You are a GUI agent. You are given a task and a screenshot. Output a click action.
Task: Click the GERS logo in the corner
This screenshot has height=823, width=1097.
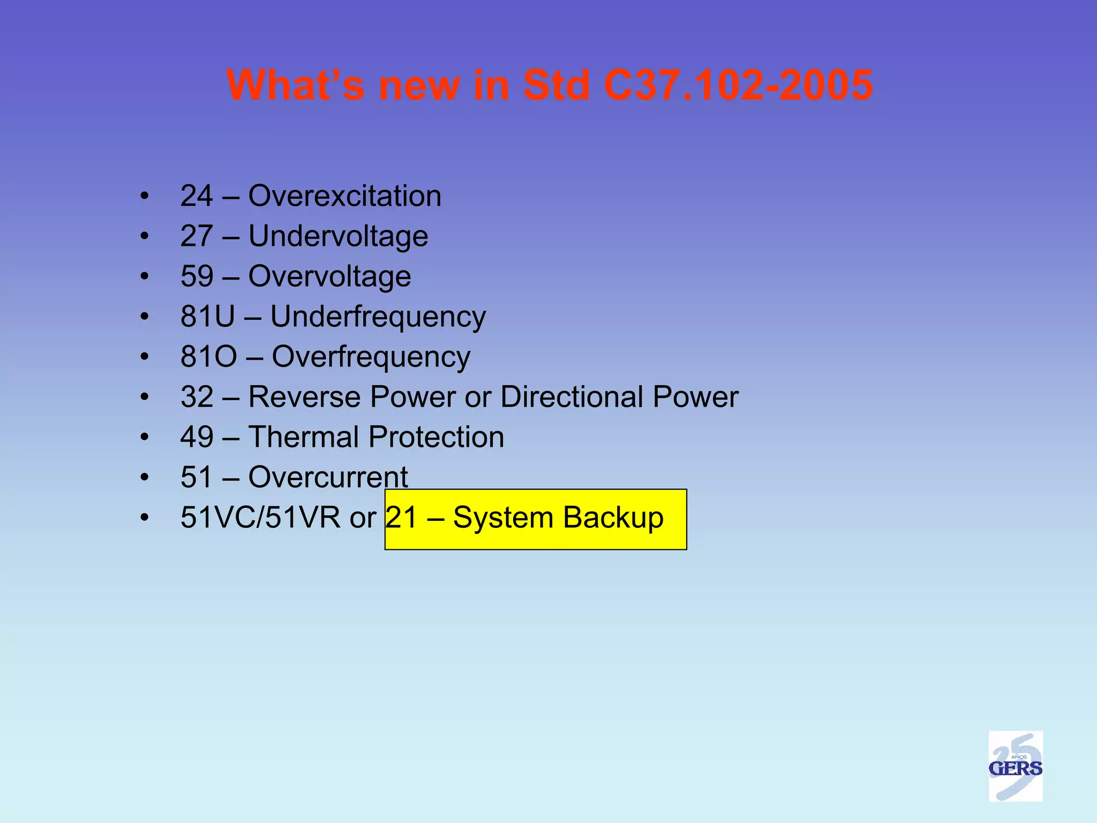click(1015, 766)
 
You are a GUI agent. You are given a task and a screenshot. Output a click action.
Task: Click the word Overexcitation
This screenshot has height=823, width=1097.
click(344, 196)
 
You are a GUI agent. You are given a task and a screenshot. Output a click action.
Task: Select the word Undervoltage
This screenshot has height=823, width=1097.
click(338, 236)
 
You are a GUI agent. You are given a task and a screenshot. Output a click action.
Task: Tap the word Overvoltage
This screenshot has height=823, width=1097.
click(329, 276)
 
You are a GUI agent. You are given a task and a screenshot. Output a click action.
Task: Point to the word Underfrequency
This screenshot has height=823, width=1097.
click(378, 317)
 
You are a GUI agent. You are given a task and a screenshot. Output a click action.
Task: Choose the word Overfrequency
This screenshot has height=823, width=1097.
click(371, 357)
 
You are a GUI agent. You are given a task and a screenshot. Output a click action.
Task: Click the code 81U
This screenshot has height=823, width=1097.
click(207, 316)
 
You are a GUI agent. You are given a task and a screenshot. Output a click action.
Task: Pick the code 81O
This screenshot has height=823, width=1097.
click(208, 356)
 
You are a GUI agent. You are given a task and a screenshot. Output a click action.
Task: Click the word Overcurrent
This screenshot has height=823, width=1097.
click(328, 477)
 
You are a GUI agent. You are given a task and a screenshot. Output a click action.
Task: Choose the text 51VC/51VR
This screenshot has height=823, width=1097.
click(260, 518)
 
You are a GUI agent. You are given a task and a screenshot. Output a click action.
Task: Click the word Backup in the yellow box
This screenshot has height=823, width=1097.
click(613, 518)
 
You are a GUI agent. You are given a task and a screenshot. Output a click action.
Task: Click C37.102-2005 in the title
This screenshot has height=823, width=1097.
click(738, 85)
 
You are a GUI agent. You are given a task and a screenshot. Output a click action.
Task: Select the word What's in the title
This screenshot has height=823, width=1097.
click(295, 85)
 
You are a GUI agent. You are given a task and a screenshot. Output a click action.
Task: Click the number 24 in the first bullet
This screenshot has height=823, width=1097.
click(197, 196)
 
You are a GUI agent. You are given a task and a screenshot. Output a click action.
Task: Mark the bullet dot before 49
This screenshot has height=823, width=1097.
click(144, 437)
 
